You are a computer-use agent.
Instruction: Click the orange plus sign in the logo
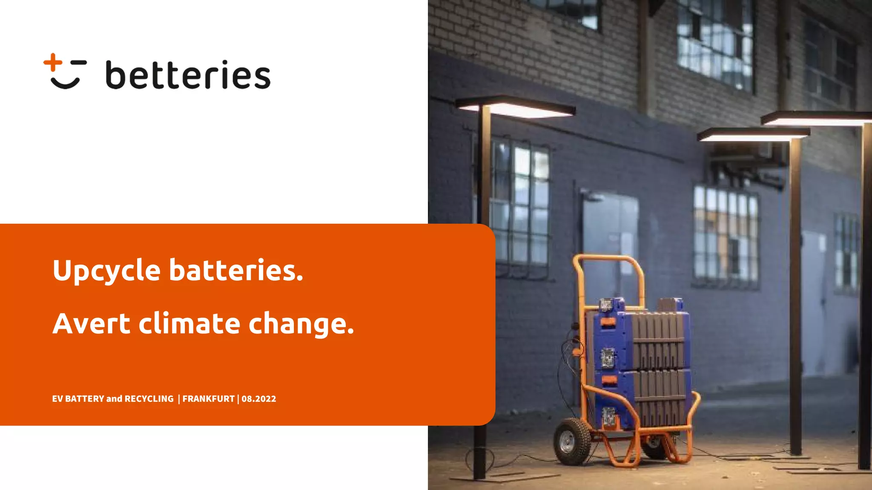click(x=53, y=62)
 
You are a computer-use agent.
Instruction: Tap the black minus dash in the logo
click(x=79, y=63)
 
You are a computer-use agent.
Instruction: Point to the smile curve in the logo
click(x=65, y=83)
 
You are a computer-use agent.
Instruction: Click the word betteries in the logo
click(x=188, y=75)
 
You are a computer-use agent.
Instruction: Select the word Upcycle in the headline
click(x=106, y=271)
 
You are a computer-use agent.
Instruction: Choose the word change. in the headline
click(x=301, y=324)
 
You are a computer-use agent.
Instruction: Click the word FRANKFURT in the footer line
click(x=208, y=399)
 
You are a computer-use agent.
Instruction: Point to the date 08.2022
click(x=259, y=399)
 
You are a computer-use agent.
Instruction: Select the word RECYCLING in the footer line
click(x=149, y=399)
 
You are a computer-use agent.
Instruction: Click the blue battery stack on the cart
click(x=639, y=362)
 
